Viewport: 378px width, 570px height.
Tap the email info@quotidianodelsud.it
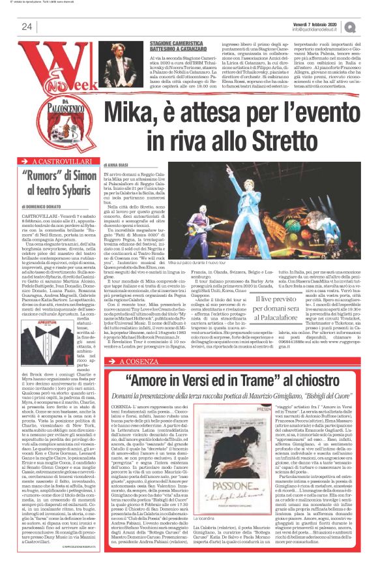click(319, 29)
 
